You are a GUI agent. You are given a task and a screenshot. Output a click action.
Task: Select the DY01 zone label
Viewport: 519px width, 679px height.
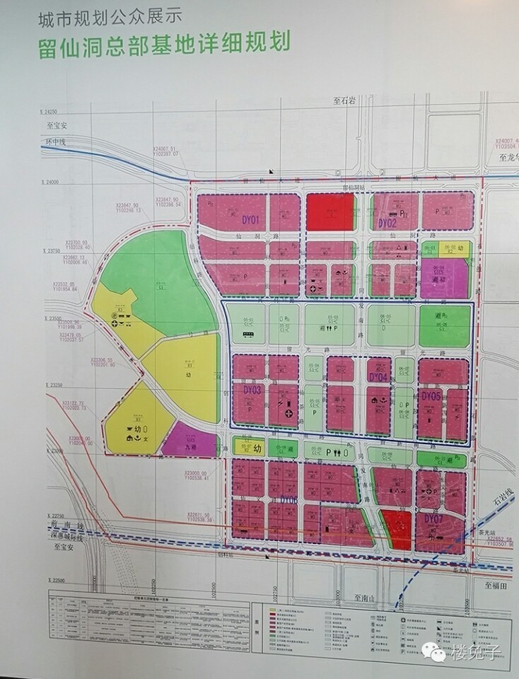[x=251, y=219]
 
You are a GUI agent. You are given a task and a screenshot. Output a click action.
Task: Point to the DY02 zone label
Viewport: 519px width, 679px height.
[x=386, y=223]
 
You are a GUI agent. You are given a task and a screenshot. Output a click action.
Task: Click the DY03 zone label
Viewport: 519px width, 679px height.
[x=252, y=390]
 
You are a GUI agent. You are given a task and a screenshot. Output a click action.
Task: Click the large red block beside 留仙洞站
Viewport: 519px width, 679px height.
[x=330, y=212]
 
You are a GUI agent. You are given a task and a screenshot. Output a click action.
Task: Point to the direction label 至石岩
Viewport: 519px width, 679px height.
[x=347, y=102]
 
